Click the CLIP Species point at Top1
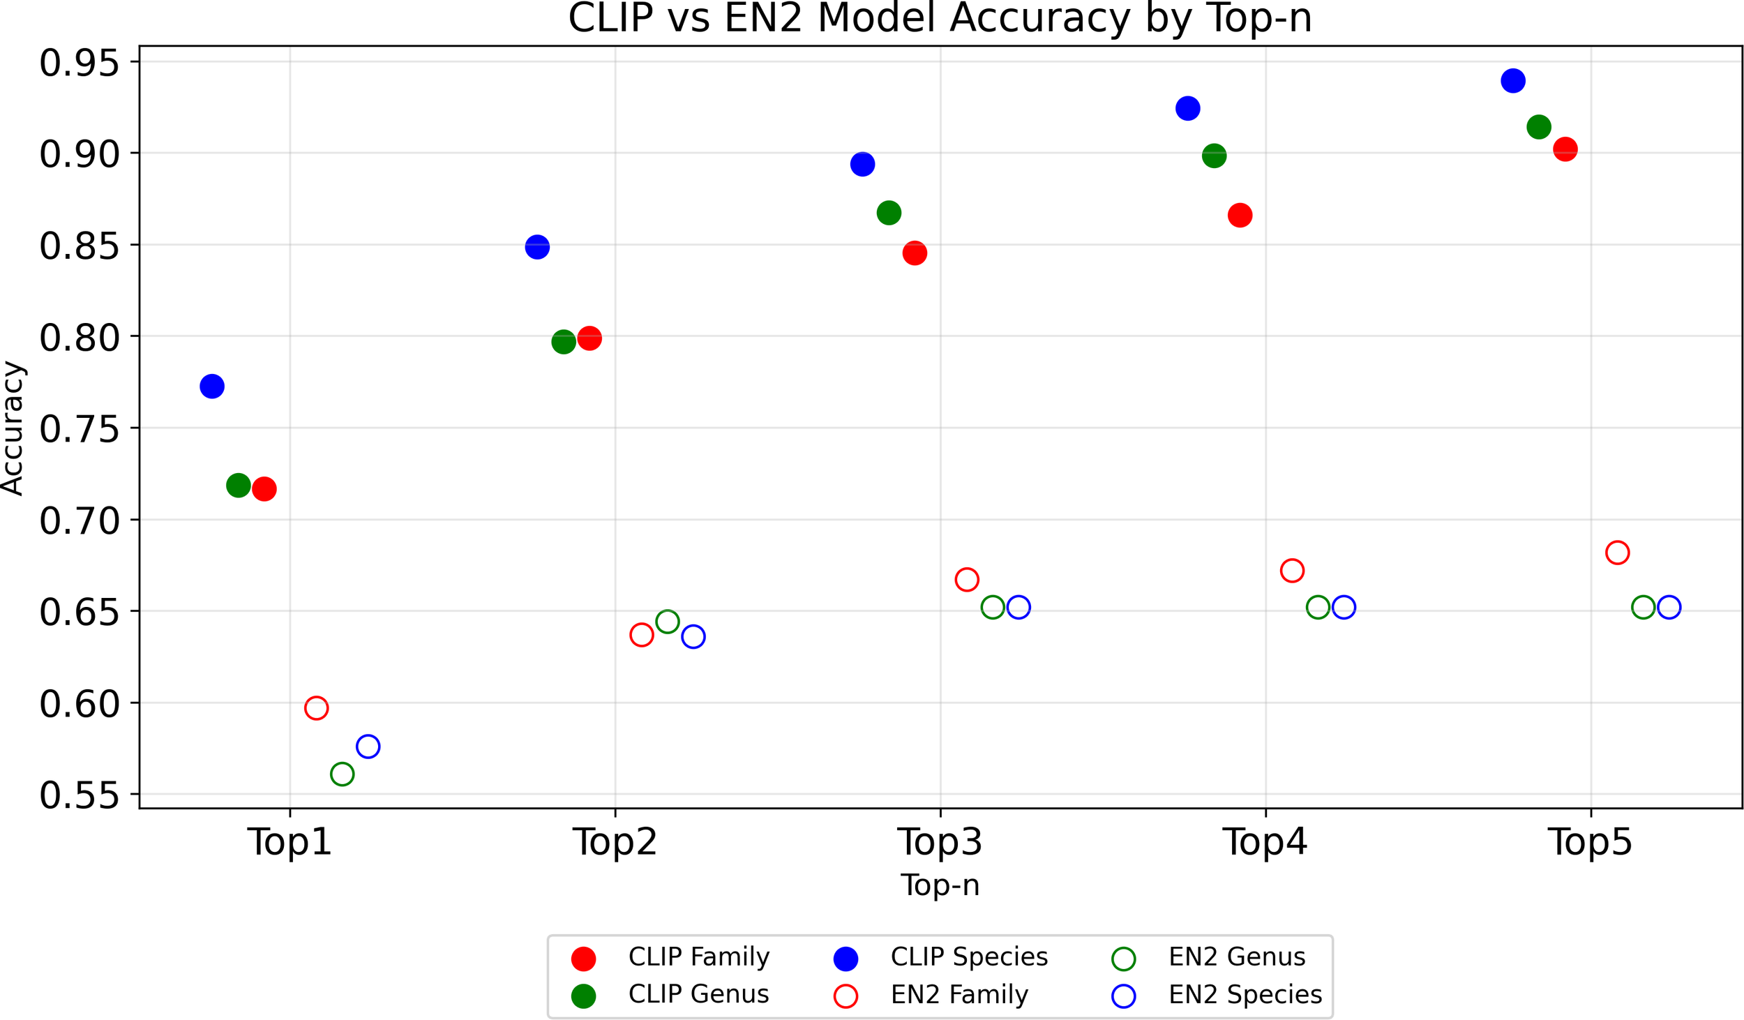211,386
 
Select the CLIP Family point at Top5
1565,149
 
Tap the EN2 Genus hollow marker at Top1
342,774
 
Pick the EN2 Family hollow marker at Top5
1617,553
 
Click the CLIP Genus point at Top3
888,212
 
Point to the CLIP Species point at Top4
1187,108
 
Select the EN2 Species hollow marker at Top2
693,636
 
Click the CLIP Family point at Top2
589,338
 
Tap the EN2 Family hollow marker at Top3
966,579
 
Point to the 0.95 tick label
79,63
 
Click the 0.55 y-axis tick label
79,795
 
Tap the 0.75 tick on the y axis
79,428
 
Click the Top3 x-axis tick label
940,841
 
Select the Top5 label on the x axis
1590,841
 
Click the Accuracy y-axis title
13,428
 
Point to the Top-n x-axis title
940,885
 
